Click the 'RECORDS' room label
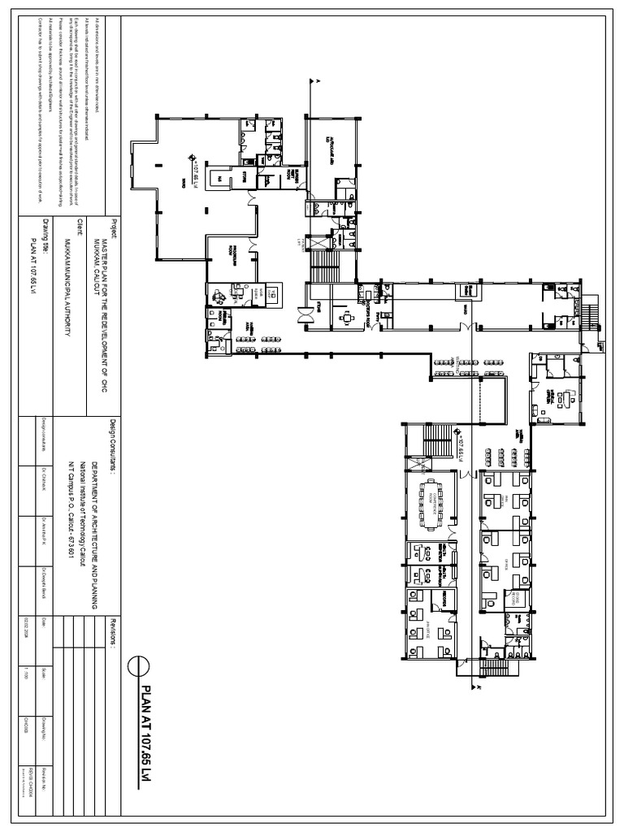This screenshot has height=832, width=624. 445,602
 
